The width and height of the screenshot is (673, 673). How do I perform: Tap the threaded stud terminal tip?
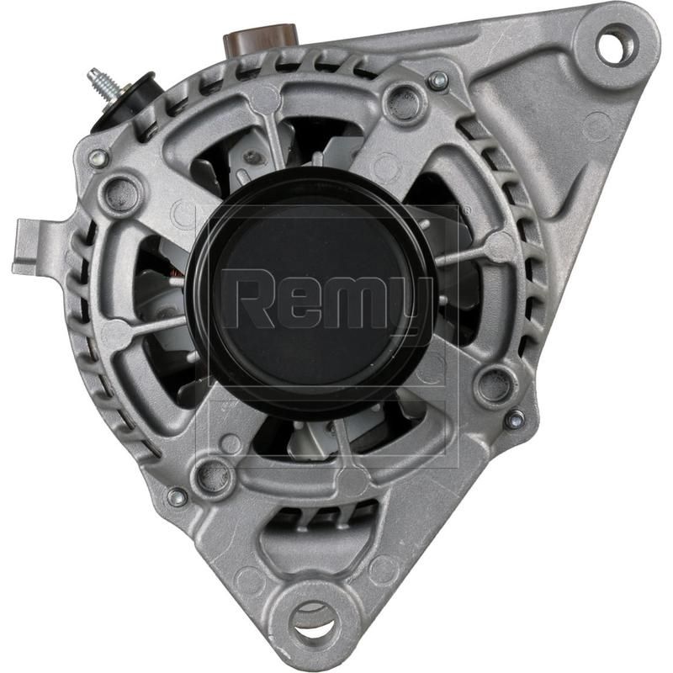point(93,77)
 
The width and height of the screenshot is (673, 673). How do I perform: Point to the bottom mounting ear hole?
point(316,621)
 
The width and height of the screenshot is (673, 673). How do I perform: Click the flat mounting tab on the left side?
point(34,246)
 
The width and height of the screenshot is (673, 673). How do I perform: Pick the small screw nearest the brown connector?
point(437,81)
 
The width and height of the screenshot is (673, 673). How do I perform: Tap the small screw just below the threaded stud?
point(99,157)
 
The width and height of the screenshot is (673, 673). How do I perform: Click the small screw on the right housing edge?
point(515,419)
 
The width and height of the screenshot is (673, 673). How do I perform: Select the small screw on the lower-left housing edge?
point(177,497)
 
